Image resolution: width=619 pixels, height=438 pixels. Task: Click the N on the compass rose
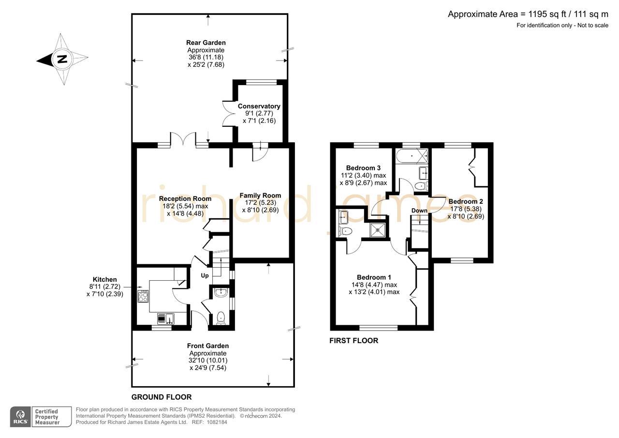62,60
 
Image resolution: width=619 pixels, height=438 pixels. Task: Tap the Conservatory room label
259,106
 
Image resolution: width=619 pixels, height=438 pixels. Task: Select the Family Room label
260,196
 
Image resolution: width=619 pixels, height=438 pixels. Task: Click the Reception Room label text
185,199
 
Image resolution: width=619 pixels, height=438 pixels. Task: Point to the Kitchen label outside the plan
105,279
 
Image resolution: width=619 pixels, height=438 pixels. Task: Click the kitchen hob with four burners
143,296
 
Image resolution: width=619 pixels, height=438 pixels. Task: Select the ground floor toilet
221,317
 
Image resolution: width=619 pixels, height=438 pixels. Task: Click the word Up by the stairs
205,276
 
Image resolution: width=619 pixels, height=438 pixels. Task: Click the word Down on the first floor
419,211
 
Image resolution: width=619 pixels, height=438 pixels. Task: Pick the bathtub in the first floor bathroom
412,156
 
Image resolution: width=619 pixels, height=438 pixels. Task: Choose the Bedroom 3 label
363,168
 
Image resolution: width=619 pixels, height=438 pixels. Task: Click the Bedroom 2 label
465,201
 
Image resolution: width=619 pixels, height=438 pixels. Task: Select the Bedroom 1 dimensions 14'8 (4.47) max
374,285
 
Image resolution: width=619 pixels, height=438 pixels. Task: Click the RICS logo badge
20,417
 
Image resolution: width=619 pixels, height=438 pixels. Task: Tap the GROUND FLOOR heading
162,397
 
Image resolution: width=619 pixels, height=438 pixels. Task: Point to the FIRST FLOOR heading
354,341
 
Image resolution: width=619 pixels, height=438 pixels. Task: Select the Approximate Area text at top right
528,14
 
